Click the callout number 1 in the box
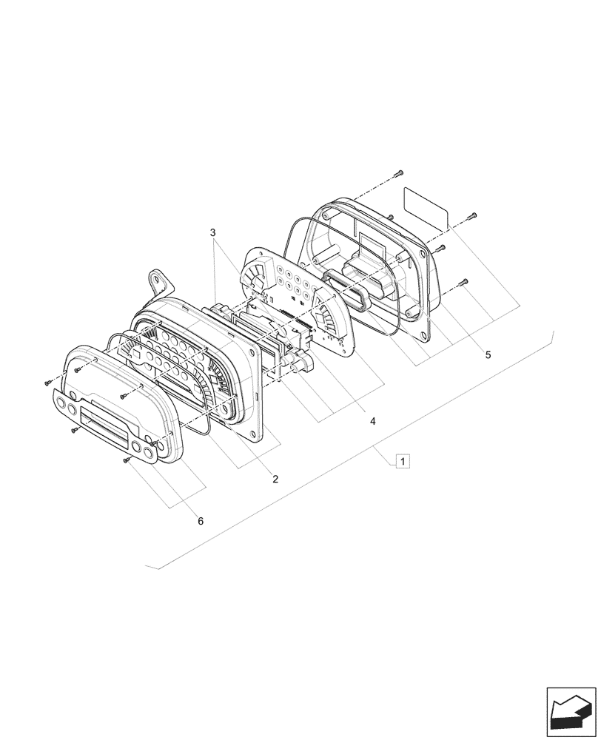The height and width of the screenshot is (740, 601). tap(402, 462)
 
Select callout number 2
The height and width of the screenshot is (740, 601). tap(275, 480)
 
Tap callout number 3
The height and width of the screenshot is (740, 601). tap(213, 232)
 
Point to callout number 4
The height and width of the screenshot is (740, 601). tap(373, 421)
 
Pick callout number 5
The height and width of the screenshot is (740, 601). tap(487, 355)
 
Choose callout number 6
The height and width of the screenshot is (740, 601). tap(200, 521)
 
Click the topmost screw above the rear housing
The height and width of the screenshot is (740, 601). tap(398, 172)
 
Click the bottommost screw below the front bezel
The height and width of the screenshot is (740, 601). tap(127, 461)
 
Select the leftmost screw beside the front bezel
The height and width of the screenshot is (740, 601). tap(47, 383)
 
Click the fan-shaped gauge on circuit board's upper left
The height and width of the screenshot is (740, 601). tap(256, 277)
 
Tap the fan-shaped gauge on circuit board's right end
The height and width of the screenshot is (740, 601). tap(325, 320)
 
